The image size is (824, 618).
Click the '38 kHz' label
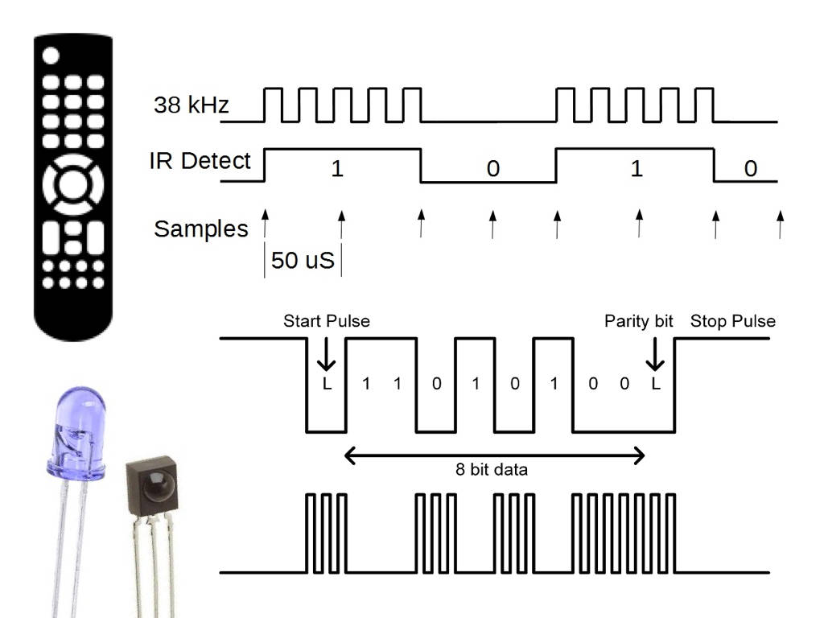coord(192,105)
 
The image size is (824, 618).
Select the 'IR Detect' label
coord(200,161)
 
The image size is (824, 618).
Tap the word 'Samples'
coord(200,229)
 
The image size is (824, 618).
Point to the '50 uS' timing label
coord(303,261)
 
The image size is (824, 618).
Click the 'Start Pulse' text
coord(327,321)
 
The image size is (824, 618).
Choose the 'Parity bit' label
coord(638,321)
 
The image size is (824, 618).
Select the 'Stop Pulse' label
coord(733,321)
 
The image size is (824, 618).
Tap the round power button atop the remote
coord(51,56)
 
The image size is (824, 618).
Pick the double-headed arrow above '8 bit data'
coord(494,456)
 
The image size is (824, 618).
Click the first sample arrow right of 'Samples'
coord(265,222)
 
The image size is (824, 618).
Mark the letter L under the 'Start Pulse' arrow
coord(327,384)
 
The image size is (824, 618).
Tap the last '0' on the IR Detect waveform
coord(750,169)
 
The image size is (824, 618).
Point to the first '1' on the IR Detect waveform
coord(338,169)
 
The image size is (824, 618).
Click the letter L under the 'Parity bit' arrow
coord(656,384)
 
